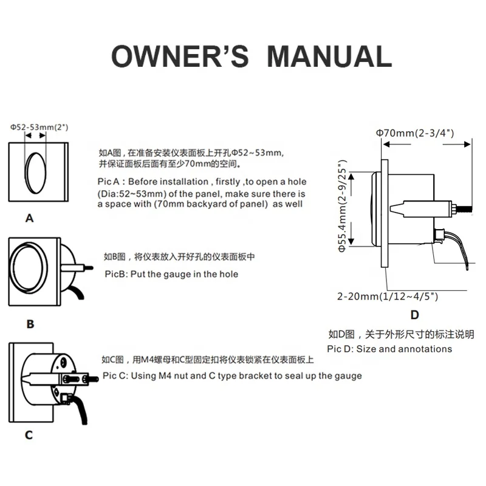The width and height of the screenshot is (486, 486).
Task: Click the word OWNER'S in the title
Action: click(180, 56)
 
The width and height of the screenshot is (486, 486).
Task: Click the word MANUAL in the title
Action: click(330, 56)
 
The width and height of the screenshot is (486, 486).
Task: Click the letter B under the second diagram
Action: click(30, 324)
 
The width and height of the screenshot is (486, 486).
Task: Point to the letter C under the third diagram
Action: click(29, 435)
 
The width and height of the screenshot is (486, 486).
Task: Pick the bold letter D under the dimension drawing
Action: click(414, 315)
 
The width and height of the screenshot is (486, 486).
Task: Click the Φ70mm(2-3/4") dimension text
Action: click(415, 132)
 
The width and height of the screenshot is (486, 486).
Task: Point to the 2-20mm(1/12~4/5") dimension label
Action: click(388, 296)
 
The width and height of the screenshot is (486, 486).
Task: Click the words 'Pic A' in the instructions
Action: click(109, 182)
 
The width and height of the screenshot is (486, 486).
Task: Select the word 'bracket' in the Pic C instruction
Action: click(256, 375)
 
